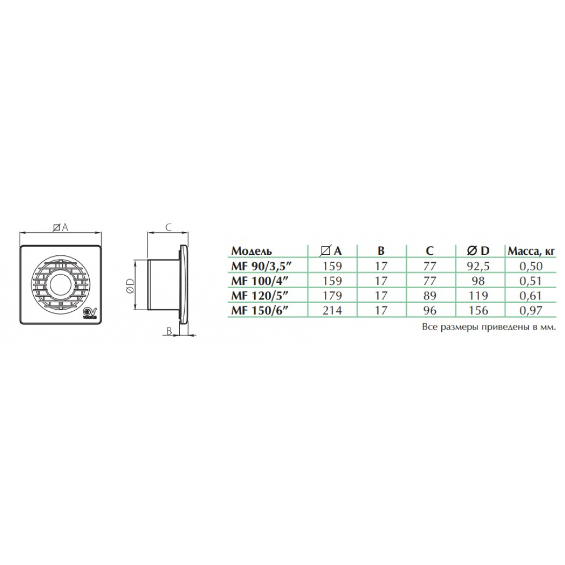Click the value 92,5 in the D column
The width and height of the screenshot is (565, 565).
477,266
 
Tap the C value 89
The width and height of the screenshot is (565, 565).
429,294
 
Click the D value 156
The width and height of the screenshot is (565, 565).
477,309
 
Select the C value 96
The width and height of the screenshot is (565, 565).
429,309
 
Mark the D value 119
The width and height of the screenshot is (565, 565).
477,294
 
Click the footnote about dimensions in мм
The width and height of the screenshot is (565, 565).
489,327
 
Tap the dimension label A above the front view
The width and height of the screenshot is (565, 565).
60,227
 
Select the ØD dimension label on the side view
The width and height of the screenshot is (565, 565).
129,285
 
